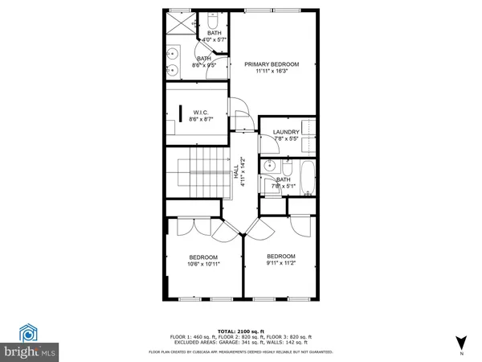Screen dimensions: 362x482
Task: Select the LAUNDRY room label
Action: [286, 132]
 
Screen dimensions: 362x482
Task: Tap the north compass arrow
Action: [460, 342]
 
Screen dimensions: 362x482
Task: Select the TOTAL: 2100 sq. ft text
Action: [241, 331]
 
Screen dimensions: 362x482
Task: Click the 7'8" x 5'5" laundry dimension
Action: [286, 139]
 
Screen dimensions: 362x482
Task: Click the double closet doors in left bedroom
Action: [185, 225]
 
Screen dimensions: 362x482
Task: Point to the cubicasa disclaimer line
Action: [241, 352]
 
